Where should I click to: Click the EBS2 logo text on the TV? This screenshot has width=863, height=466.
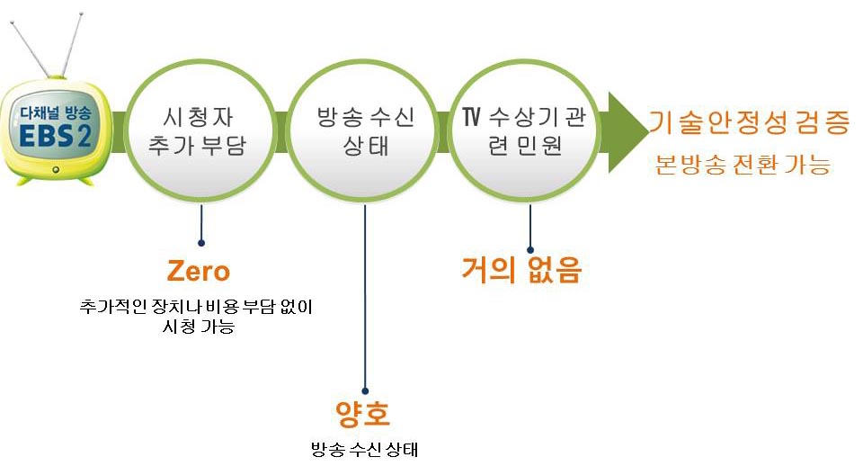point(55,135)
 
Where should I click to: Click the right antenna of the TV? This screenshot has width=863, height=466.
point(73,45)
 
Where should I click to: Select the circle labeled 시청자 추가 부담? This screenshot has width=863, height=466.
point(200,131)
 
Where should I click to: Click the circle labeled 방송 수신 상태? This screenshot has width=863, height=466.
point(362,131)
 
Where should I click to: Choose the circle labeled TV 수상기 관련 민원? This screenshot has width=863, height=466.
point(523,131)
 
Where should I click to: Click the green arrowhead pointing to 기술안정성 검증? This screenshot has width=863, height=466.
point(628,132)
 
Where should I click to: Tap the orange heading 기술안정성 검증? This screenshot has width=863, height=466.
point(750,122)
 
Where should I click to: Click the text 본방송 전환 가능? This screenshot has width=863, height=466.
point(743,165)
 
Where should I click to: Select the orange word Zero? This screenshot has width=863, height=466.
point(198,271)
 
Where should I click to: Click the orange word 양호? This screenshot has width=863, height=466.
point(362,415)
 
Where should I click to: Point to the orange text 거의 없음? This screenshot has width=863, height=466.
point(521,269)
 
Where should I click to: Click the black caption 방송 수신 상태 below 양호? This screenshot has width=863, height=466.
point(364,449)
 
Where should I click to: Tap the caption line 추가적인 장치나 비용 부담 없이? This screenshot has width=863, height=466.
point(196,306)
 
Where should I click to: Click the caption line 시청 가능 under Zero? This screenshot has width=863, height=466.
point(199,327)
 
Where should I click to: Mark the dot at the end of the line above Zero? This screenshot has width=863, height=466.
point(201,243)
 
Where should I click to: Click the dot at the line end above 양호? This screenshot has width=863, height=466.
point(365,391)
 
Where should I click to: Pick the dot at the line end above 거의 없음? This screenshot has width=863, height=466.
point(530,250)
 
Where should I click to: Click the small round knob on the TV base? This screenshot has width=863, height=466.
point(55,170)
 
